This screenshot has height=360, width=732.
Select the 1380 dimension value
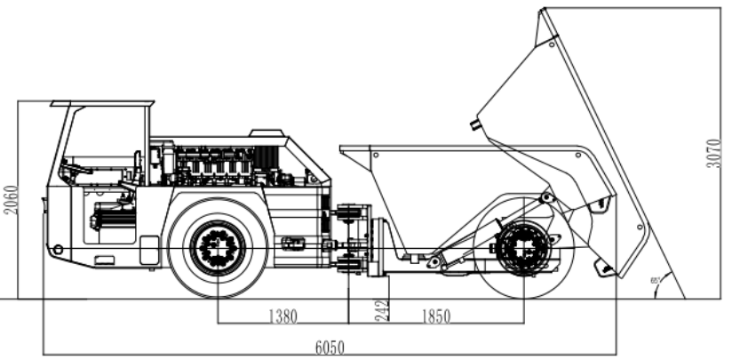(282, 316)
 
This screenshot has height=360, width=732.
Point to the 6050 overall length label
(329, 347)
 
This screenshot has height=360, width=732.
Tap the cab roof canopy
(102, 105)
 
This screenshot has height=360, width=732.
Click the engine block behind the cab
(213, 164)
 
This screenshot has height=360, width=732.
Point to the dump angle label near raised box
(655, 280)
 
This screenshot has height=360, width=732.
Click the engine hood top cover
(267, 134)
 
